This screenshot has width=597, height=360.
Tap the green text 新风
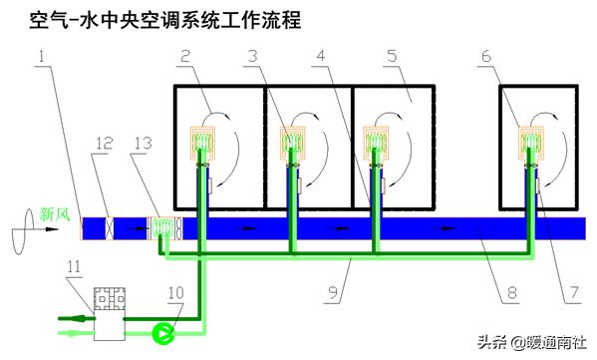click(54, 212)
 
